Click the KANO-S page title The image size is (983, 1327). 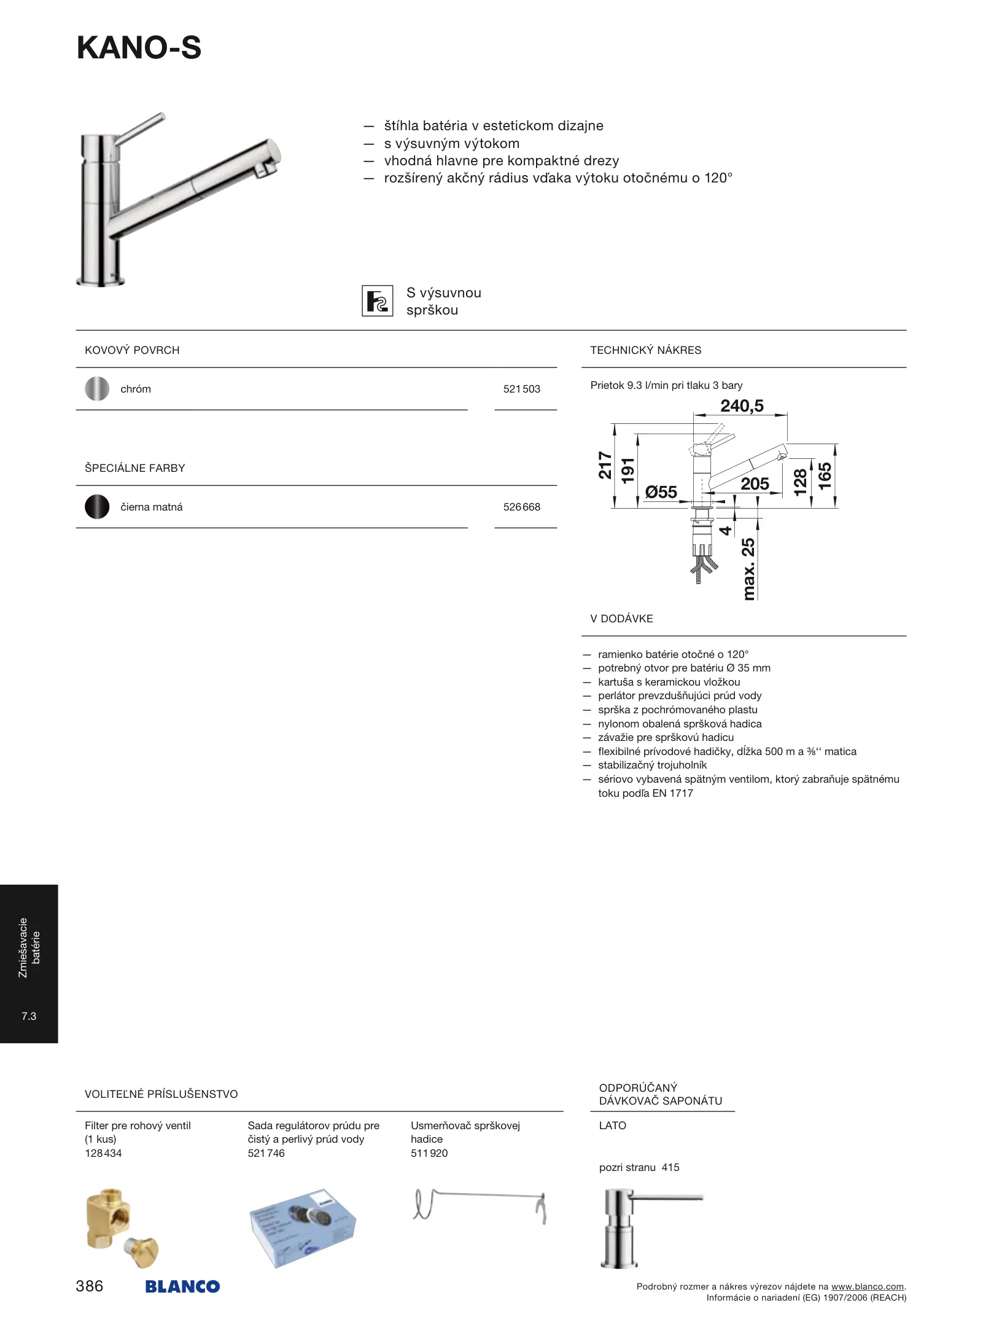point(139,48)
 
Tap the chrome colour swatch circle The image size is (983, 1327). point(97,389)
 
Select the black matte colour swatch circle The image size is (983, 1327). point(97,507)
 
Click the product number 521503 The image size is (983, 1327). point(521,389)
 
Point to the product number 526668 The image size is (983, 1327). point(521,507)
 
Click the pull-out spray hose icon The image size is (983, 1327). point(377,301)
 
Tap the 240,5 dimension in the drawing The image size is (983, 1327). point(742,406)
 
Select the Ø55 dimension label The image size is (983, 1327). point(661,492)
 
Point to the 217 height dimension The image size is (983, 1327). point(605,465)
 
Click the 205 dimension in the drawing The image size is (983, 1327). point(755,484)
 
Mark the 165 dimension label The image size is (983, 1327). point(825,476)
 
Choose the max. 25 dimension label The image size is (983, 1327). point(748,568)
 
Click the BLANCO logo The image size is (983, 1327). point(182,1286)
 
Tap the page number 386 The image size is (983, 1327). point(90,1286)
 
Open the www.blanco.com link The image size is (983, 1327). point(867,1286)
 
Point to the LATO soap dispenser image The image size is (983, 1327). point(645,1227)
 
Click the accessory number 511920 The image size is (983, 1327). point(429,1153)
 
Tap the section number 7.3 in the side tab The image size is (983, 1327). point(29,1016)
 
